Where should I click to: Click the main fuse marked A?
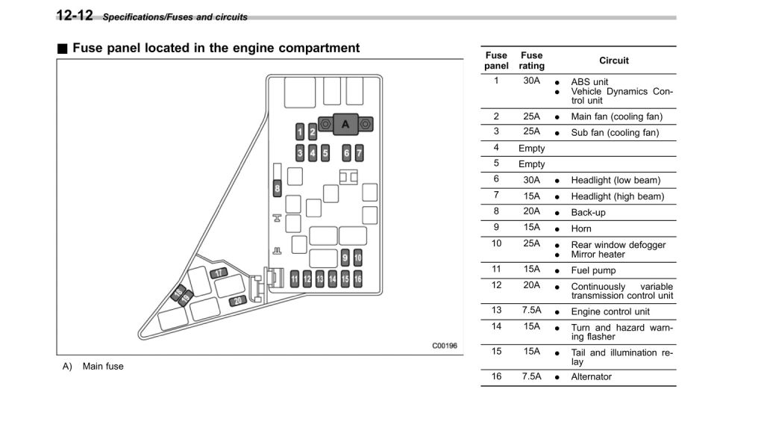345,125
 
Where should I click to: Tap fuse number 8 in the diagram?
277,188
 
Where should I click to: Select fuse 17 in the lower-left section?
219,273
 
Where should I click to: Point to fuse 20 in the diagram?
238,300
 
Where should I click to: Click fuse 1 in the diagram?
300,133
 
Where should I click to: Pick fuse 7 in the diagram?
359,154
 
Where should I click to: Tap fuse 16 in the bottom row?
358,279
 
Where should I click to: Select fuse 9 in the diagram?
345,258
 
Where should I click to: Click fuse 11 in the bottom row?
295,279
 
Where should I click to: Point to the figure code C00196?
444,346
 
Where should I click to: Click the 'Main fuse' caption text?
103,367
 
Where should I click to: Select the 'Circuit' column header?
613,60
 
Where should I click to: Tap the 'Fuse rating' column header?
532,60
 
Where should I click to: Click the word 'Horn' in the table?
581,228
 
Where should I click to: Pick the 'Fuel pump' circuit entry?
593,270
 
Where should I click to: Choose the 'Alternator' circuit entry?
591,377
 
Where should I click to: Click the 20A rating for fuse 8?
532,211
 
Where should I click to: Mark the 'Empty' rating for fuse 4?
532,149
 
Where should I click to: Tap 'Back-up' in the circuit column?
588,213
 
